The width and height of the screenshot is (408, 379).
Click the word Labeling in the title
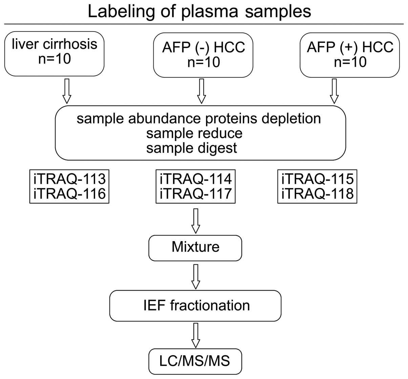point(121,12)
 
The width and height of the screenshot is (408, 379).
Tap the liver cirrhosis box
point(54,54)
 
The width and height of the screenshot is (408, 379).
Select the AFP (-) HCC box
point(203,55)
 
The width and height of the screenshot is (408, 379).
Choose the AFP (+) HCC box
point(350,55)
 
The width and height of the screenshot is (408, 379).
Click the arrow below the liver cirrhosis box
point(67,91)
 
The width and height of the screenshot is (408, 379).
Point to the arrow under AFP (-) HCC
point(201,91)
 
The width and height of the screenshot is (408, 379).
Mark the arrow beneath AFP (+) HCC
point(334,91)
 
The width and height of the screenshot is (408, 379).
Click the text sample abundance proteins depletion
point(199,119)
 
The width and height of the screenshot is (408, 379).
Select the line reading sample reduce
point(194,134)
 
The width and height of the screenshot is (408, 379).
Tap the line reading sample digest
point(191,149)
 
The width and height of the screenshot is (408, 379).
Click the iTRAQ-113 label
point(69,179)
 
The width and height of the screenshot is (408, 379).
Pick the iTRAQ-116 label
point(69,194)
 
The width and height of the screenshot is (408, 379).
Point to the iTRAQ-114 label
point(196,179)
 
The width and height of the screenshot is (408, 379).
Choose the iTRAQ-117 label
point(196,194)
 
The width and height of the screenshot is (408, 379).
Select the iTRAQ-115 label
point(317,179)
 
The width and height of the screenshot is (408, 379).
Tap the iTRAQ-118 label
point(317,194)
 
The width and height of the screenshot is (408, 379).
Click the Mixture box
point(195,248)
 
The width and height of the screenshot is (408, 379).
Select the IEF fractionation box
point(195,306)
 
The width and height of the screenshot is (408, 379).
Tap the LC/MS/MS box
point(195,361)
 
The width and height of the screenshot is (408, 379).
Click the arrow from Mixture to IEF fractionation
point(196,277)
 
